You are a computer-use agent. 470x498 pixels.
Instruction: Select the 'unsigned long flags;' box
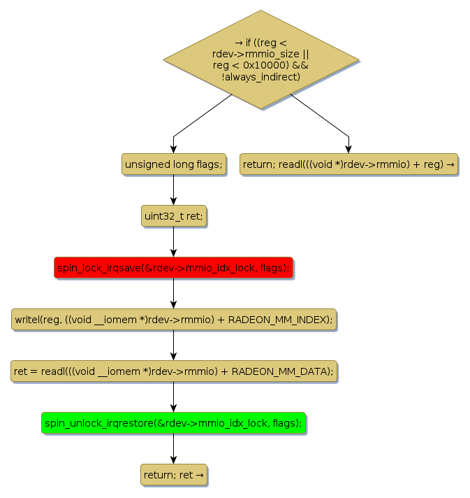pos(173,164)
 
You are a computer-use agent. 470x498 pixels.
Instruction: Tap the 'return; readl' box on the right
pos(348,164)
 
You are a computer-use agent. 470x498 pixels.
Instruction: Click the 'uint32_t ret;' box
pos(173,216)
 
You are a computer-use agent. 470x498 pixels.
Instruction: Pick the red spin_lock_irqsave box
pos(173,268)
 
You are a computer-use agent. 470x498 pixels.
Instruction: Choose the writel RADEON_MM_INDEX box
pos(173,320)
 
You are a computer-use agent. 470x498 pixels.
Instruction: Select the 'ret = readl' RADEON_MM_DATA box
pos(173,371)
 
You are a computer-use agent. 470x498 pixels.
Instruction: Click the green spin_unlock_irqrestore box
pos(173,423)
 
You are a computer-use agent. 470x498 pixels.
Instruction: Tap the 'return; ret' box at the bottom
pos(173,475)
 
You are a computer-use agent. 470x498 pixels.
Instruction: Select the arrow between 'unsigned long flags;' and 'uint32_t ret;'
pos(173,190)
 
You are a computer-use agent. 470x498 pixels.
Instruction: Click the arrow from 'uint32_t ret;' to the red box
pos(173,242)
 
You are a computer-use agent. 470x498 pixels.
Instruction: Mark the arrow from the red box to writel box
pos(173,294)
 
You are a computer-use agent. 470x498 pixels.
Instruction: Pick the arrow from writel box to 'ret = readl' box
pos(173,346)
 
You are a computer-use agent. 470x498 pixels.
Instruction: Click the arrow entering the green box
pos(173,397)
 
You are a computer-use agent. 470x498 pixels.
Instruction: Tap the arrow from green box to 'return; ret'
pos(173,449)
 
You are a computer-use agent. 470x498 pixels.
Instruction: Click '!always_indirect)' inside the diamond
pos(261,76)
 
